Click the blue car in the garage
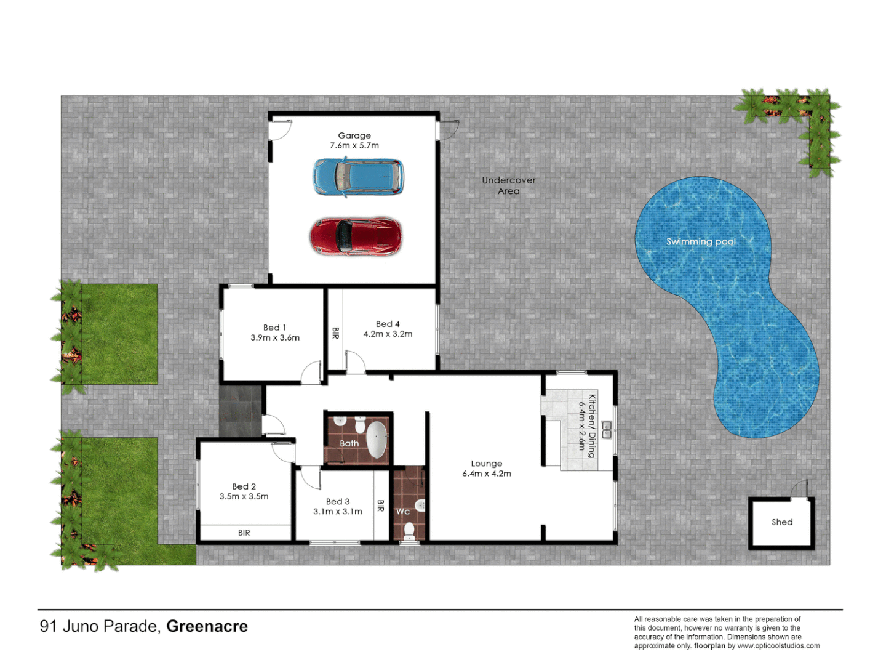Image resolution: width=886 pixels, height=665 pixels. (357, 177)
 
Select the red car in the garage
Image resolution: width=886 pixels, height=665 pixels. (355, 236)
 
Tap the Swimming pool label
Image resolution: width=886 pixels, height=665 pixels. (701, 242)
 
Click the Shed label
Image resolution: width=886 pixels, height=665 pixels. (782, 522)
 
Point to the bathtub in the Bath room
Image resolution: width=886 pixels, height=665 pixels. (377, 440)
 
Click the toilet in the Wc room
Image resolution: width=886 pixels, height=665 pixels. (409, 530)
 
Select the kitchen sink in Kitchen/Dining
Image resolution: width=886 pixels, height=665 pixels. (606, 430)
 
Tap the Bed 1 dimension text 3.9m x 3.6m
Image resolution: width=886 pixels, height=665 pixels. (275, 337)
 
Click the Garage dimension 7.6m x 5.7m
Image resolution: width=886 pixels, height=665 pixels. (354, 146)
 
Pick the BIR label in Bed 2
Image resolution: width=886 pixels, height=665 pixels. (244, 533)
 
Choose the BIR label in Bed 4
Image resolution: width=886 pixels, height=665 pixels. (335, 333)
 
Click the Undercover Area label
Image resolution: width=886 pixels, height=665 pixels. (509, 185)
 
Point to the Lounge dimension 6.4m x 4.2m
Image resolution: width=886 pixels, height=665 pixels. (487, 474)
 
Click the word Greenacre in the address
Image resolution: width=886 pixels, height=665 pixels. (207, 626)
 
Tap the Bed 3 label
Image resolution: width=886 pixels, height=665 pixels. (338, 502)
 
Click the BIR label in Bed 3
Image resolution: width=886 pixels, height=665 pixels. (381, 506)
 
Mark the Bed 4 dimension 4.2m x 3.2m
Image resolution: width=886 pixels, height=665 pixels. (388, 334)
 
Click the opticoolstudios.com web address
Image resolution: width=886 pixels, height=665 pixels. (778, 646)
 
